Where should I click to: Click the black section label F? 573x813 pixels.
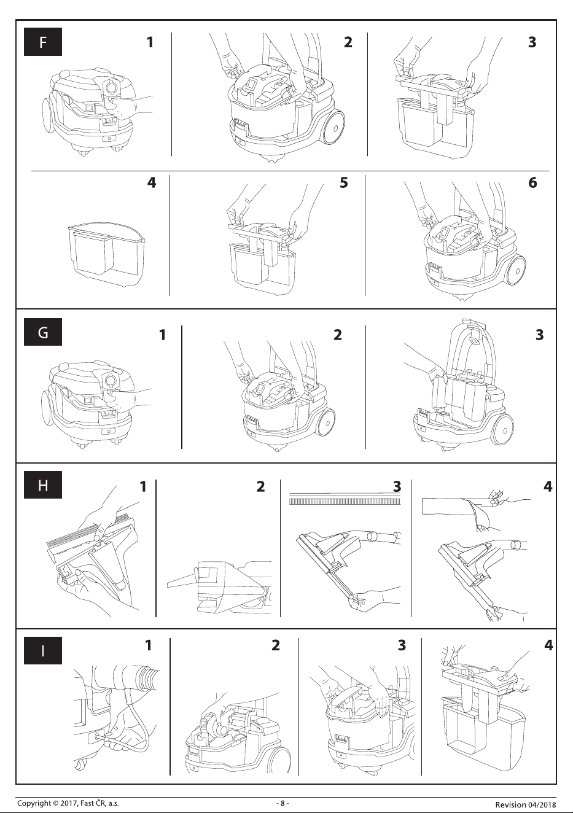pyautogui.click(x=43, y=42)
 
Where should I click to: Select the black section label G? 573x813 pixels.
pyautogui.click(x=43, y=332)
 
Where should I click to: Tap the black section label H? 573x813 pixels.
pyautogui.click(x=43, y=485)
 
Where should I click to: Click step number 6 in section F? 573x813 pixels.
pyautogui.click(x=532, y=182)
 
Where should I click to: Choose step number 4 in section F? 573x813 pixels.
pyautogui.click(x=152, y=182)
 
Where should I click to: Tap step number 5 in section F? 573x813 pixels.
pyautogui.click(x=343, y=182)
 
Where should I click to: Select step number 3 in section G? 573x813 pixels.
pyautogui.click(x=540, y=335)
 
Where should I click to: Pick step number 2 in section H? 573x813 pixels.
pyautogui.click(x=260, y=487)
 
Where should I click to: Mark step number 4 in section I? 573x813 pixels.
pyautogui.click(x=548, y=645)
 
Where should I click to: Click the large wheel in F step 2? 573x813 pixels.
pyautogui.click(x=333, y=127)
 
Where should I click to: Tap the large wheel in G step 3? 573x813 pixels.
pyautogui.click(x=503, y=430)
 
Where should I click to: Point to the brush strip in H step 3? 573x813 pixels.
pyautogui.click(x=346, y=502)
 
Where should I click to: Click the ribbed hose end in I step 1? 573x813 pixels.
pyautogui.click(x=147, y=676)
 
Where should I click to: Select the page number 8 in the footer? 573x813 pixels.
pyautogui.click(x=283, y=803)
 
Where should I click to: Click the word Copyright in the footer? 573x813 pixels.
pyautogui.click(x=33, y=803)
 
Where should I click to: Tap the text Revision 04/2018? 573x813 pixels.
pyautogui.click(x=526, y=804)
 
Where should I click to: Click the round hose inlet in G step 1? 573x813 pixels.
pyautogui.click(x=110, y=380)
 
